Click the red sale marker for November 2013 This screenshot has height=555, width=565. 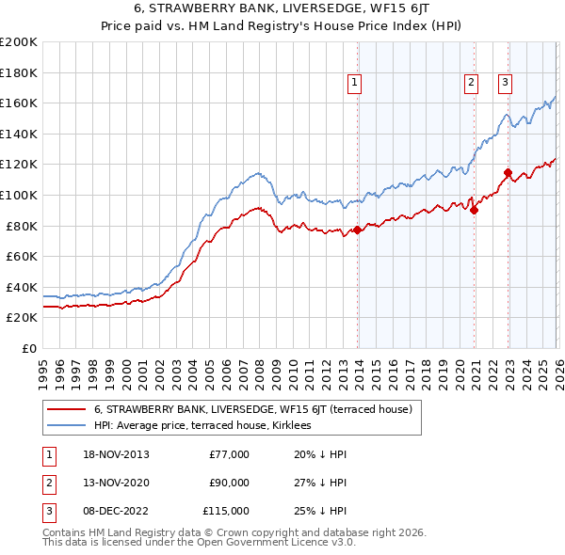click(x=358, y=230)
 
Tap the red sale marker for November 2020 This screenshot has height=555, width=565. click(x=474, y=210)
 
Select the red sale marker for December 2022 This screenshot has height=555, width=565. click(x=508, y=172)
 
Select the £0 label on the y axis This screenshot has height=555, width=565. click(x=28, y=348)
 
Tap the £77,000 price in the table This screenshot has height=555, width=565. click(x=229, y=454)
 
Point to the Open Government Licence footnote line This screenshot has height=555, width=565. click(x=199, y=543)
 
